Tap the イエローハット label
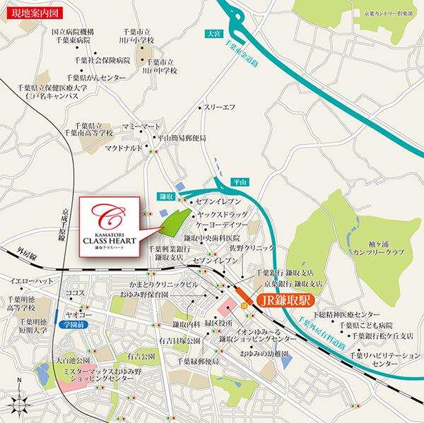pyautogui.click(x=27, y=280)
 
